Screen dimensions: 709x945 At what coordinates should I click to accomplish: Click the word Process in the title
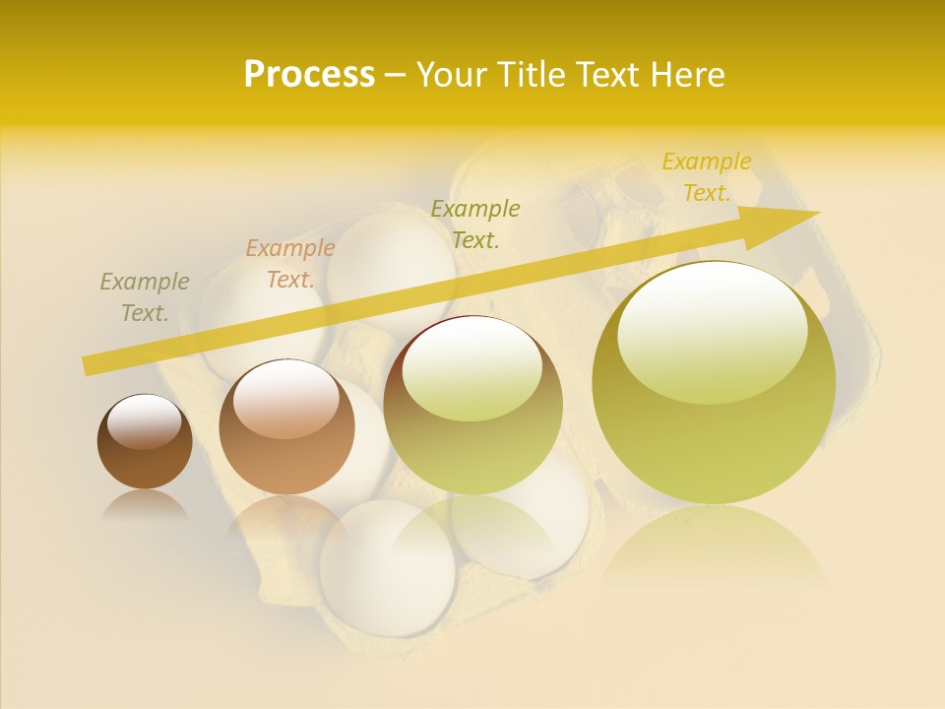click(x=309, y=75)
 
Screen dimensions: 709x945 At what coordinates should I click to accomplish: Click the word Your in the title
click(x=451, y=75)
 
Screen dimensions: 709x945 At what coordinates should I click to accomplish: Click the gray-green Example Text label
click(x=145, y=297)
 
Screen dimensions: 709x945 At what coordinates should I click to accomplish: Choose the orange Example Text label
click(x=290, y=264)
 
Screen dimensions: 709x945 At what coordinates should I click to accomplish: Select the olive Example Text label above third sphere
click(x=475, y=224)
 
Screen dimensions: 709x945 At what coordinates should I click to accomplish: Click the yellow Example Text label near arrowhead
click(x=707, y=177)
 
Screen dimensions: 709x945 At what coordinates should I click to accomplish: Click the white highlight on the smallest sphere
click(x=144, y=421)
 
